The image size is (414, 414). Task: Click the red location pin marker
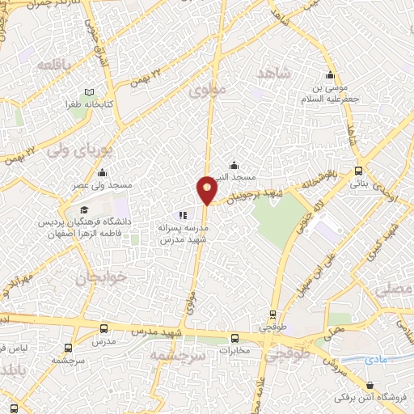tap(207, 189)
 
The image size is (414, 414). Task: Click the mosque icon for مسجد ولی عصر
tap(103, 172)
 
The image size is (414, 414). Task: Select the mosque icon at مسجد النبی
tap(234, 165)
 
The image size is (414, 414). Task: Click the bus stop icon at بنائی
tap(358, 171)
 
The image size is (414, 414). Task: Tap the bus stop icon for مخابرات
tap(234, 339)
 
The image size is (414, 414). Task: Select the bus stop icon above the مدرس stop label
tap(103, 329)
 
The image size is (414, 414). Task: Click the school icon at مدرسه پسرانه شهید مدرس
tap(183, 216)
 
